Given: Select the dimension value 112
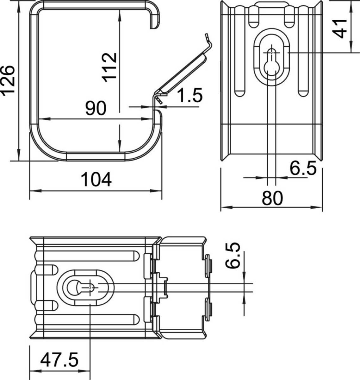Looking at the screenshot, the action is click(109, 67).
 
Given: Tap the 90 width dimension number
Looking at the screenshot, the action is click(96, 108).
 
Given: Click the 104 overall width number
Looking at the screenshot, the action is click(96, 180).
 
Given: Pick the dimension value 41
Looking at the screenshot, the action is click(341, 28).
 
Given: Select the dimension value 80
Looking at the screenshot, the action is click(272, 198).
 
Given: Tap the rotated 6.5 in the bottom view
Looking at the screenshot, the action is click(233, 256).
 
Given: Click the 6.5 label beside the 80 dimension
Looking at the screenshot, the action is click(303, 168).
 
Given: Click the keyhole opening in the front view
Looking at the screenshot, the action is click(272, 62).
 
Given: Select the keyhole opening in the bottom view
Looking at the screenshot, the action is click(81, 288).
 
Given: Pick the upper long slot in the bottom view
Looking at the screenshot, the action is click(87, 256).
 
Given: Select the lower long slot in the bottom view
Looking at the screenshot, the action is click(87, 320).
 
